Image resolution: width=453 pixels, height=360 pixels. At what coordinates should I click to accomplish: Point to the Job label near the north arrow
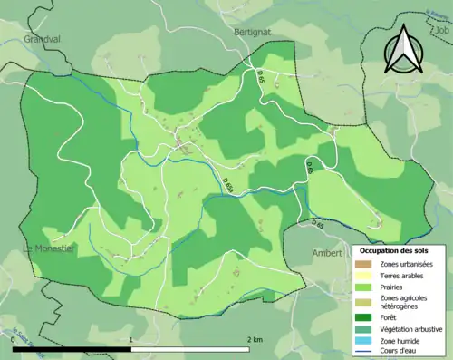click(x=442, y=30)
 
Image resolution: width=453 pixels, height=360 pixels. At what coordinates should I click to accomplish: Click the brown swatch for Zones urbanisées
click(x=369, y=262)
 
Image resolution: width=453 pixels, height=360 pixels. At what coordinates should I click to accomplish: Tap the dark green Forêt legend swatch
click(x=369, y=318)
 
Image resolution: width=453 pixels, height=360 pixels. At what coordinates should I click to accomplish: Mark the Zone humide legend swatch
click(x=369, y=342)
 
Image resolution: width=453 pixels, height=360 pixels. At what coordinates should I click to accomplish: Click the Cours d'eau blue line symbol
click(x=369, y=353)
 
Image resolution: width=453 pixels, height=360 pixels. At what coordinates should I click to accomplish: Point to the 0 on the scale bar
click(x=14, y=340)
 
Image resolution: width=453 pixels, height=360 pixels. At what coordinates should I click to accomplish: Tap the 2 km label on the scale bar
click(x=255, y=340)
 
